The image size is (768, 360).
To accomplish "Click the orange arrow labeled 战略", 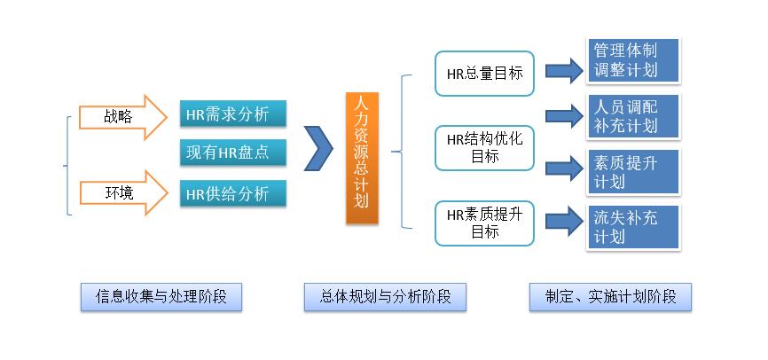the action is click(x=123, y=118).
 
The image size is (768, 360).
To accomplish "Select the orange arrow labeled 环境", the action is click(x=123, y=193).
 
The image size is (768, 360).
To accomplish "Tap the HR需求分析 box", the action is click(x=232, y=114).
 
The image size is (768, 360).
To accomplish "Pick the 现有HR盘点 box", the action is click(x=232, y=153).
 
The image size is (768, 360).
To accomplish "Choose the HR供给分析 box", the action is click(x=232, y=193).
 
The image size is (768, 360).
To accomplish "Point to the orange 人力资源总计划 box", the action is click(x=362, y=158).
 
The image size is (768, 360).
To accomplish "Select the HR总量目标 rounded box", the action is click(x=484, y=74).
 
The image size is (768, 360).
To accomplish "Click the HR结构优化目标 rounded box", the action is click(x=484, y=148).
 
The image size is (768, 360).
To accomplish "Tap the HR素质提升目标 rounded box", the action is click(x=484, y=223).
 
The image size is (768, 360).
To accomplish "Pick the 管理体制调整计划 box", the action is click(x=633, y=60).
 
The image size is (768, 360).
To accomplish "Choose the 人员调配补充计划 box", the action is click(x=633, y=116).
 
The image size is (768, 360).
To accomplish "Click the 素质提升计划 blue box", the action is click(x=633, y=172).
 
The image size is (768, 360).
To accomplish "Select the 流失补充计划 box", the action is click(x=633, y=227).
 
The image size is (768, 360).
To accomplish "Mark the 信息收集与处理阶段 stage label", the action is click(x=161, y=297).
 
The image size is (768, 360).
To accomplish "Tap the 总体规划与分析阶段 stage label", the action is click(x=385, y=297).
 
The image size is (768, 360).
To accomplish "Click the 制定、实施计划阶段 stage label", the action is click(x=610, y=297).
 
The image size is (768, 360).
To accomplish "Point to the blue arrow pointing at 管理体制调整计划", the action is click(x=564, y=71).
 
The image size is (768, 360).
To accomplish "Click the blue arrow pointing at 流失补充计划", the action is click(x=564, y=221).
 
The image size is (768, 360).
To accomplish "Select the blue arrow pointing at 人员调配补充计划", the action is click(x=564, y=116).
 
